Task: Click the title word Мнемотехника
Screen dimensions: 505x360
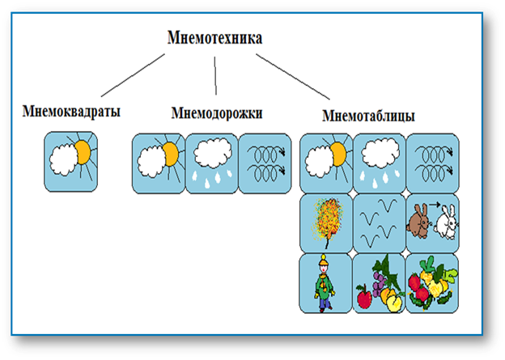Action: point(214,38)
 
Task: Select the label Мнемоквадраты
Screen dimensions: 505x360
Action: point(71,112)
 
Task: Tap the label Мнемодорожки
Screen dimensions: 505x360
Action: point(217,113)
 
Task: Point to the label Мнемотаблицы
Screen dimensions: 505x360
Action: point(368,116)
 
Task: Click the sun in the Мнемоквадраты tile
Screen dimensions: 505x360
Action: point(83,153)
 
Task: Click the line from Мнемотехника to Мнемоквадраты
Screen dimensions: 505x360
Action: point(133,75)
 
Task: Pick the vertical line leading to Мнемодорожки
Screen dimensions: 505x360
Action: point(215,76)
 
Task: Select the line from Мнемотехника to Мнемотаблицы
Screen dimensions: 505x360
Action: point(293,76)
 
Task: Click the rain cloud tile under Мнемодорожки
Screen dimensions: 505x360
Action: point(212,163)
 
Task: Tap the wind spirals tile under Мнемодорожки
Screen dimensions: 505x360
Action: point(265,163)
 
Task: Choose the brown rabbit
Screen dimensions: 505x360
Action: point(418,221)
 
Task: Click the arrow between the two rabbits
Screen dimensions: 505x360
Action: point(435,204)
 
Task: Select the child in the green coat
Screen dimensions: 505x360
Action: point(325,283)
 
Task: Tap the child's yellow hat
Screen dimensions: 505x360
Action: point(324,260)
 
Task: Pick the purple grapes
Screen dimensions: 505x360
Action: point(380,282)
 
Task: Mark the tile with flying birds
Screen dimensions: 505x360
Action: point(379,223)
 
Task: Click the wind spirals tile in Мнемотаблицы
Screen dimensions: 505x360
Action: point(433,163)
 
